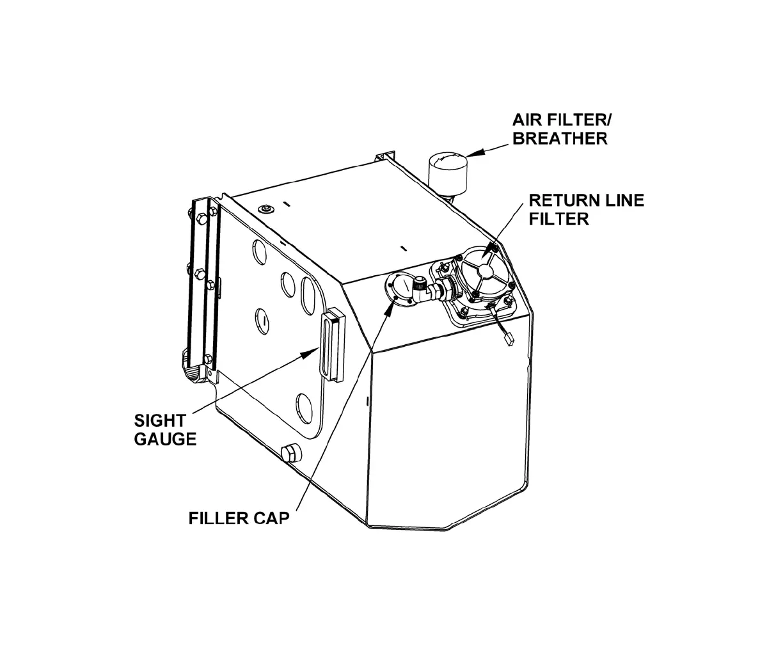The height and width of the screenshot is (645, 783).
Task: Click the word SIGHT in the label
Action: click(160, 421)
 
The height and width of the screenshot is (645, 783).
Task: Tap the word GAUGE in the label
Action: click(165, 439)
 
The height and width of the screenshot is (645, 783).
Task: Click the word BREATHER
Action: click(560, 138)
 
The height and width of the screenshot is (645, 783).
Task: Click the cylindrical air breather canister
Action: click(448, 170)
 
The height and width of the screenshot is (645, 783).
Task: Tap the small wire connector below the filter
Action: click(509, 338)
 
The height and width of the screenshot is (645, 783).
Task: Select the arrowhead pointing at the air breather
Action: click(471, 154)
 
